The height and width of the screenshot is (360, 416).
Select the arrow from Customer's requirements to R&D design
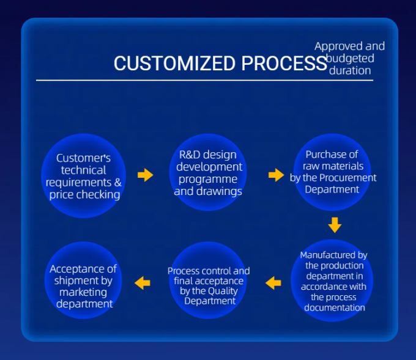(145, 175)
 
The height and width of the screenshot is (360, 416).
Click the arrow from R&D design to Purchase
(276, 175)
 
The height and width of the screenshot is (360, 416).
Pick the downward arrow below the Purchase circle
(334, 225)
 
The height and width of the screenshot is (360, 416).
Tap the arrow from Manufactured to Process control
(273, 282)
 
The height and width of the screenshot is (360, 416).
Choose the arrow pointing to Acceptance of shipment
(143, 282)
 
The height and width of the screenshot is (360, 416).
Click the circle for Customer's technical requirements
(84, 176)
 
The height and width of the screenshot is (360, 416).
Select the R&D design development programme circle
(208, 172)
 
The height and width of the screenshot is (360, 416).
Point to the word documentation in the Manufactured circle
(333, 307)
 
